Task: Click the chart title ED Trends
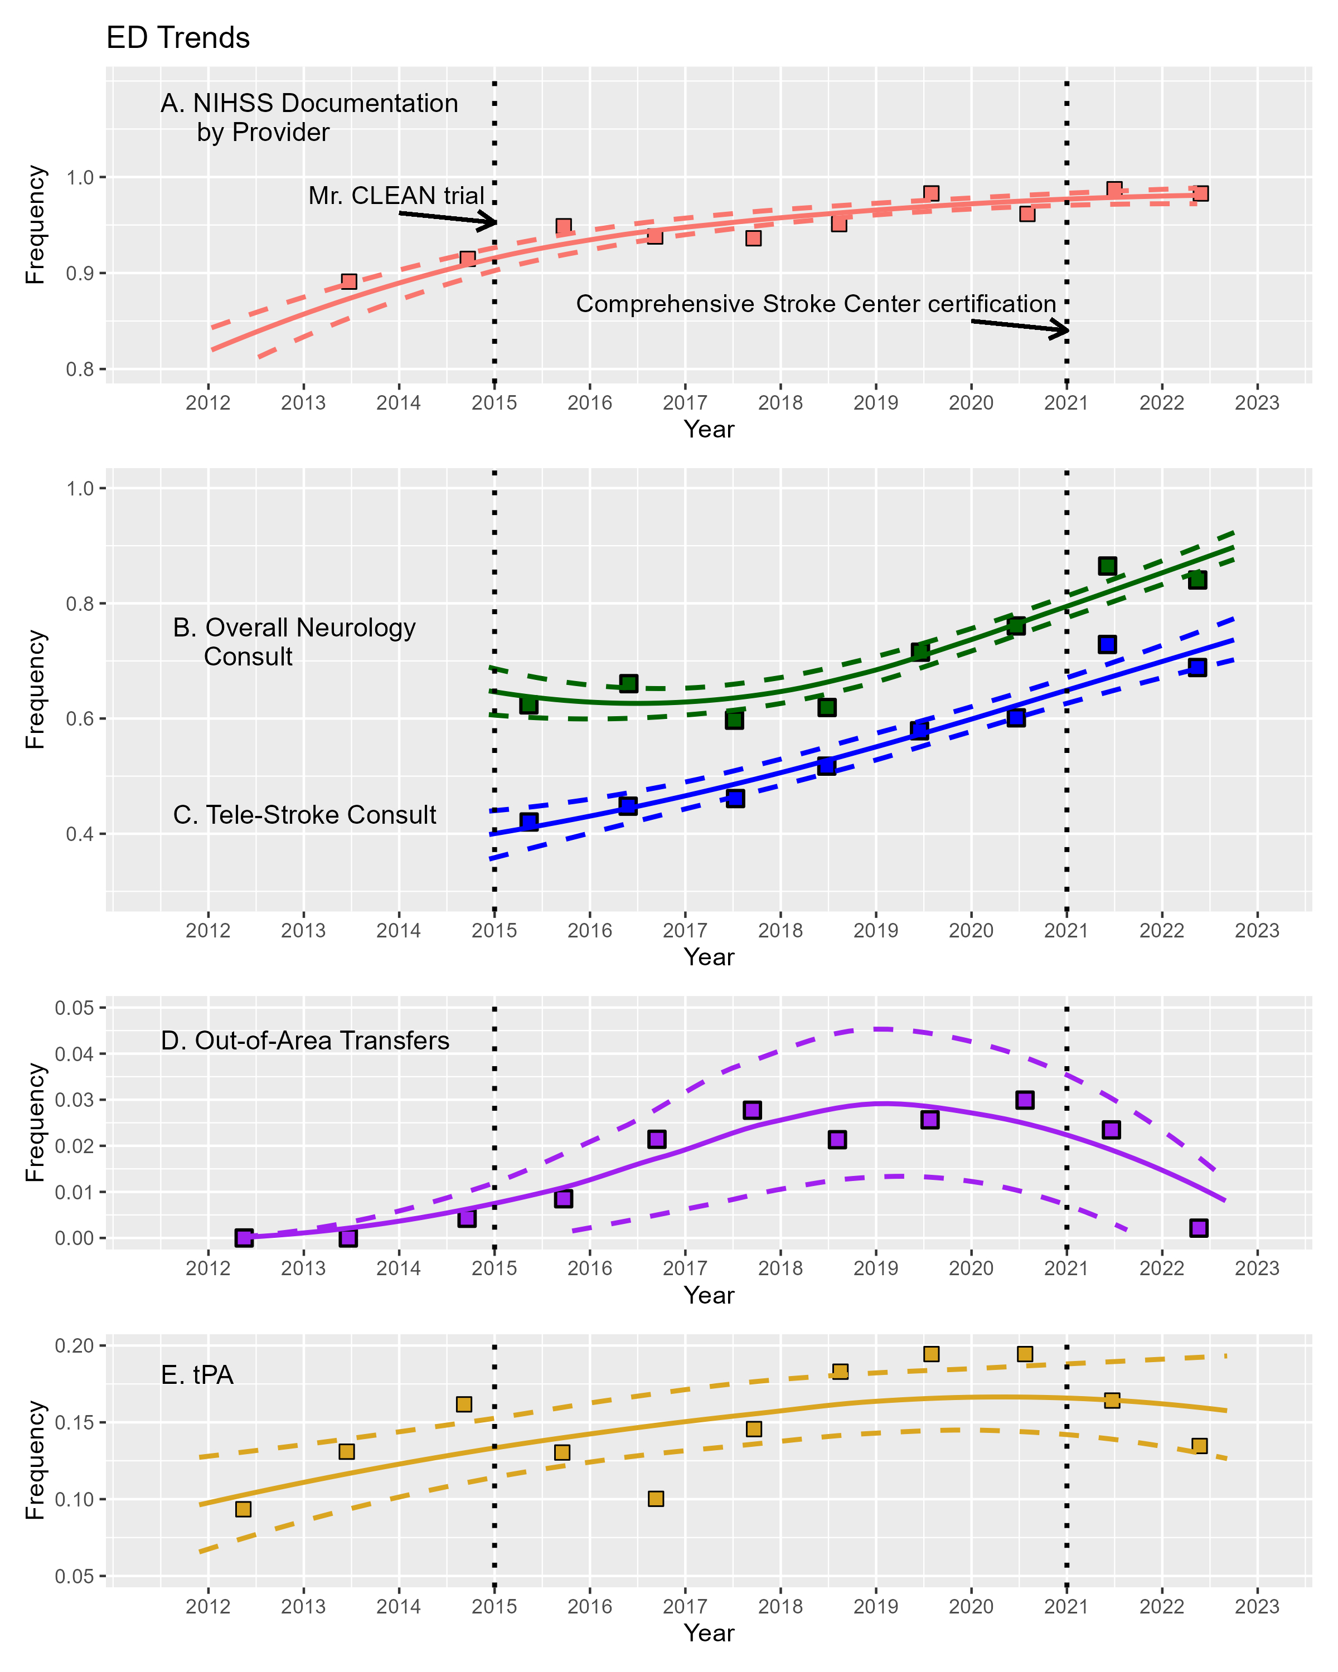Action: pos(178,38)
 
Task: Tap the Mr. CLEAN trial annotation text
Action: pos(396,196)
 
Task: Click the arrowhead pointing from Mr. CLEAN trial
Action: pos(490,222)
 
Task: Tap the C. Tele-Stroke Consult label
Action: pos(304,814)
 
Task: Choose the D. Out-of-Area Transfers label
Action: pos(305,1040)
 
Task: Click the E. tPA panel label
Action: pos(197,1374)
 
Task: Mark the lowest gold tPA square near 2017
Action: pos(656,1498)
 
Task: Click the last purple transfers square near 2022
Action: pos(1199,1228)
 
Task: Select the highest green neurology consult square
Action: pos(1107,565)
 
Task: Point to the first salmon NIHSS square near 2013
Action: pos(348,281)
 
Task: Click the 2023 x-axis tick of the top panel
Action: pos(1257,402)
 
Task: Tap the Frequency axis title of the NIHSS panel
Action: pos(35,225)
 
